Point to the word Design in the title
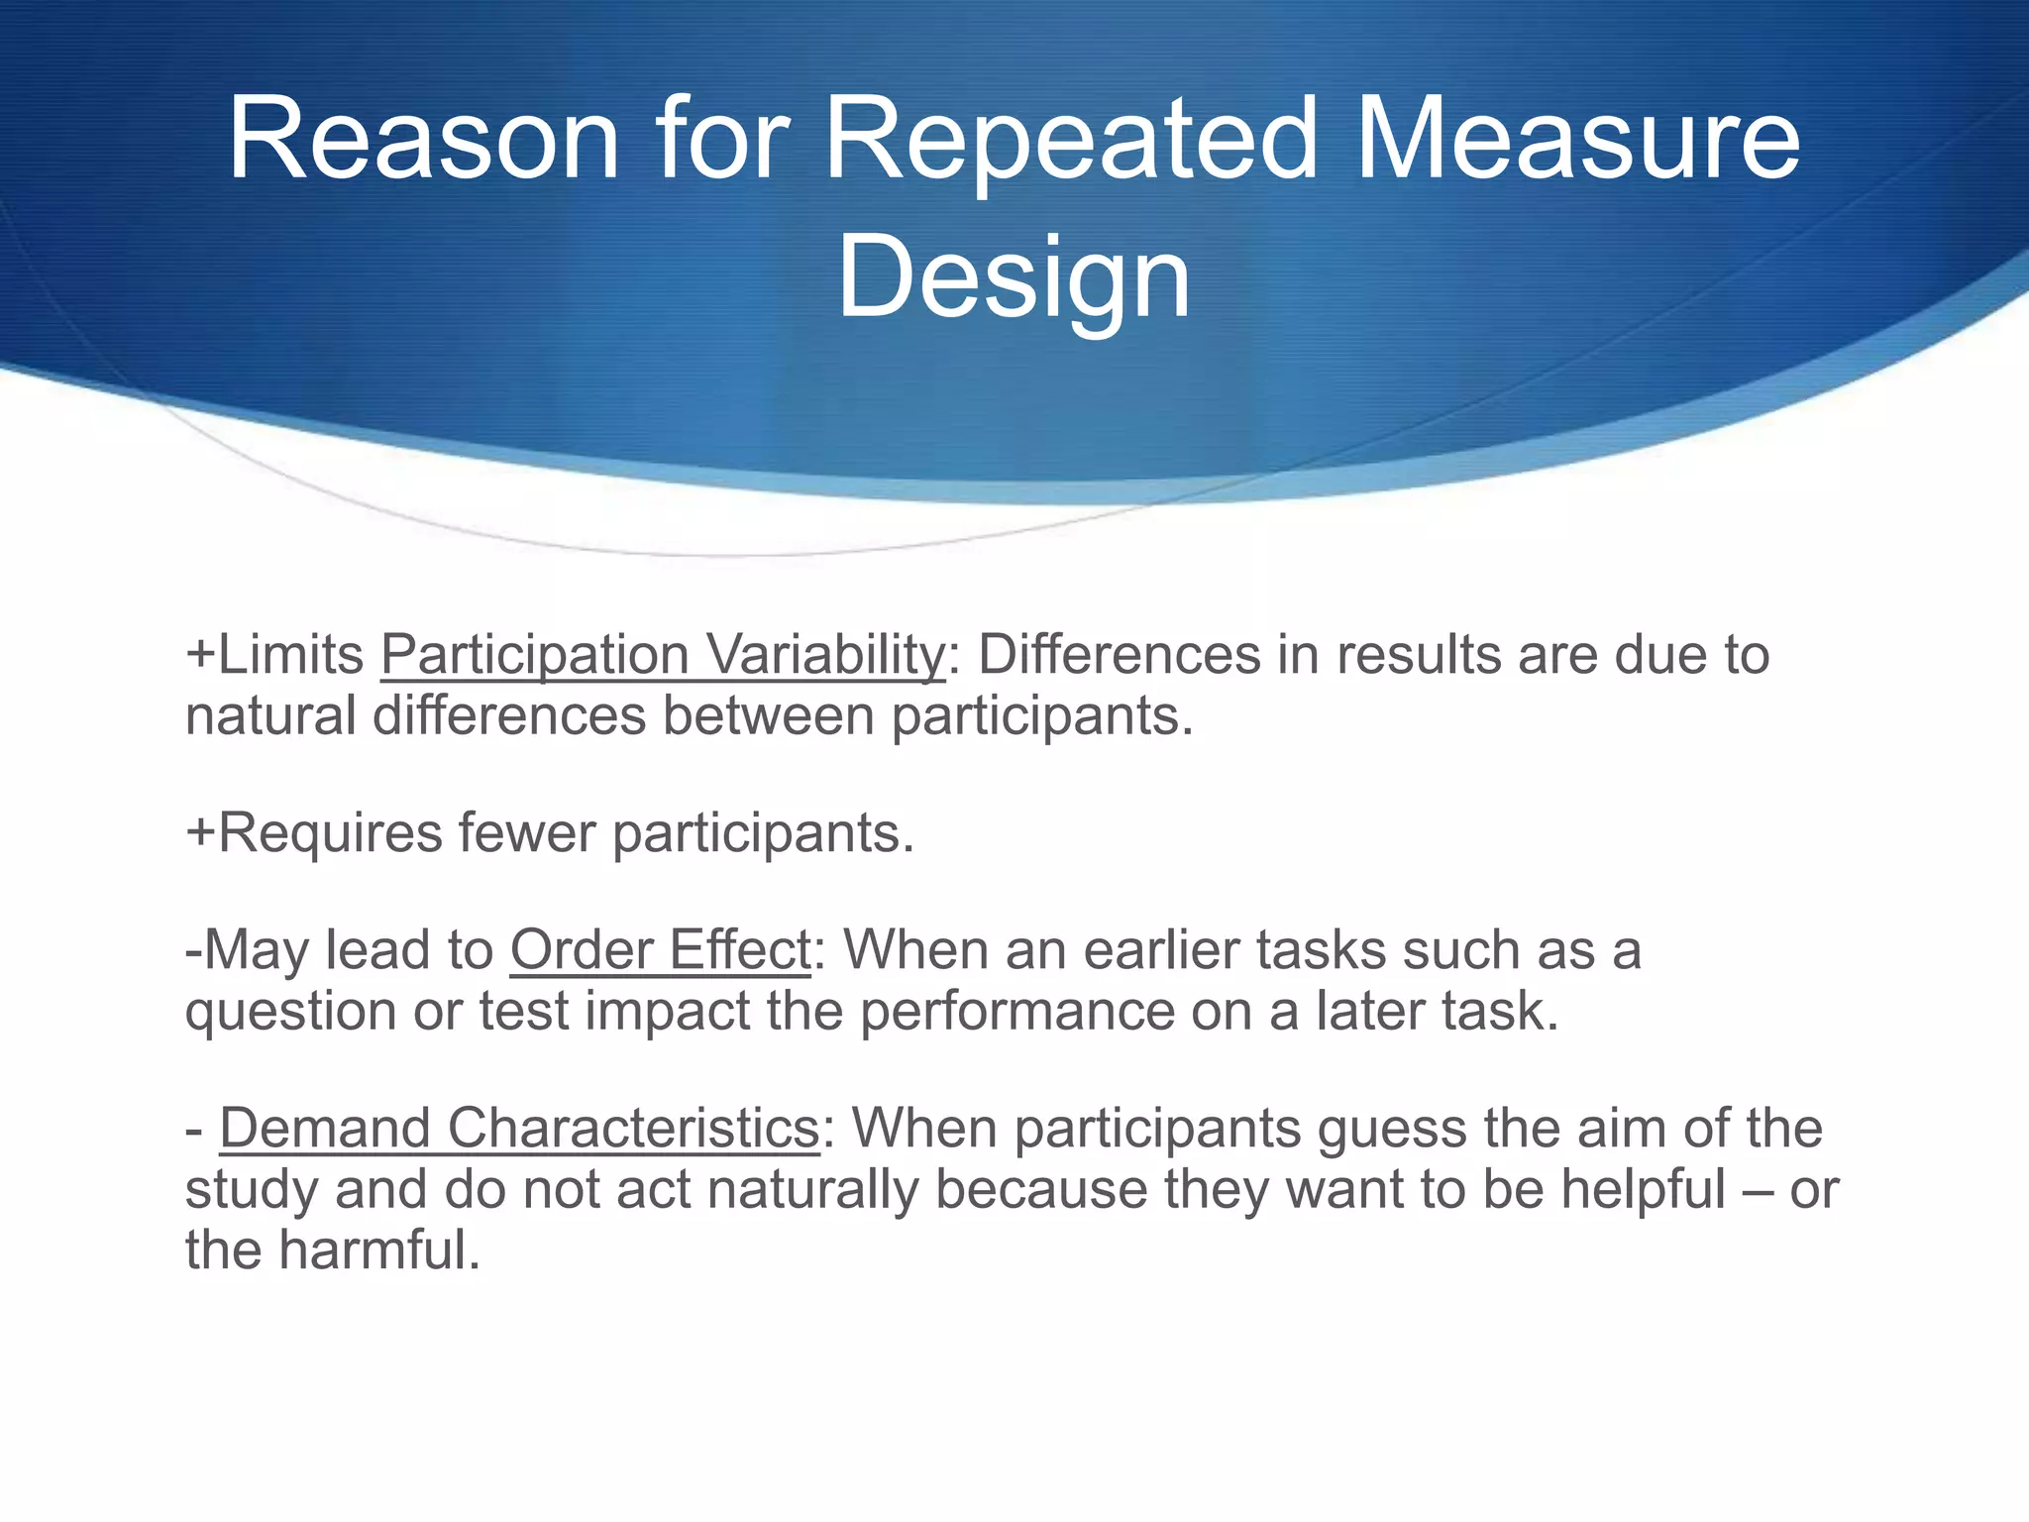point(1013,278)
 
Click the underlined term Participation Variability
point(663,656)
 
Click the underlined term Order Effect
point(661,950)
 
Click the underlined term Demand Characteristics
point(519,1129)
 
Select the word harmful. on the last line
point(378,1250)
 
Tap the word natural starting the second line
point(269,716)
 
